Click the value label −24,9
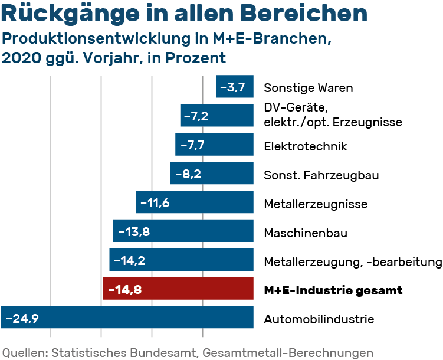pyautogui.click(x=22, y=319)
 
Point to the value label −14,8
pyautogui.click(x=124, y=290)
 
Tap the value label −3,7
pyautogui.click(x=232, y=88)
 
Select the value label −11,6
pyautogui.click(x=155, y=203)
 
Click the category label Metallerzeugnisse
pyautogui.click(x=316, y=204)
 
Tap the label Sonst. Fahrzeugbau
pyautogui.click(x=321, y=175)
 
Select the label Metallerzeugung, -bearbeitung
pyautogui.click(x=353, y=262)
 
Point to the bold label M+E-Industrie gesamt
pyautogui.click(x=333, y=290)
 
